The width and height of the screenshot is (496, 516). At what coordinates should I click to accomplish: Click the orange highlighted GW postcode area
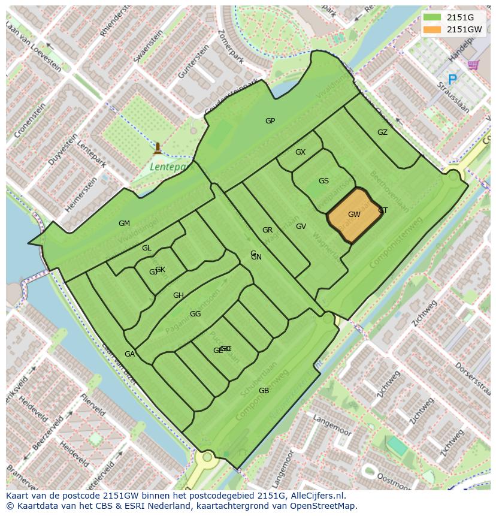(x=354, y=215)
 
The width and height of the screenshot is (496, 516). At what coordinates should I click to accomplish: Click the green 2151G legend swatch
(x=431, y=17)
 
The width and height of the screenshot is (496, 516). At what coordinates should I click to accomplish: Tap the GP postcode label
(x=270, y=121)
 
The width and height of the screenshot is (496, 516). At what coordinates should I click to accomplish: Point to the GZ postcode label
(x=382, y=132)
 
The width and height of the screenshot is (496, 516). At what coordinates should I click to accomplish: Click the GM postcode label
(x=124, y=224)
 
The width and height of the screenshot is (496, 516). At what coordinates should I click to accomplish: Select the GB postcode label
(x=264, y=391)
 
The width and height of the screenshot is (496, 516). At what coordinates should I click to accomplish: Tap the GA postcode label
(x=129, y=354)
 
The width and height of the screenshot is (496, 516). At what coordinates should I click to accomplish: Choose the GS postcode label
(x=323, y=181)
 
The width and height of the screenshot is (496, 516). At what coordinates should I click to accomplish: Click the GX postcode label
(x=300, y=152)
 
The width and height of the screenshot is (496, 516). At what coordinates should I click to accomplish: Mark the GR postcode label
(x=267, y=230)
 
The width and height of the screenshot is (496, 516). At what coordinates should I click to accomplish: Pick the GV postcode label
(x=301, y=227)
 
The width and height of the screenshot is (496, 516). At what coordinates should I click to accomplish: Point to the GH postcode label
(x=179, y=295)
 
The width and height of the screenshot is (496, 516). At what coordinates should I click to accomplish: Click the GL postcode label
(x=147, y=248)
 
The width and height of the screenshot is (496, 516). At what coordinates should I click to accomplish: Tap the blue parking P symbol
(x=452, y=79)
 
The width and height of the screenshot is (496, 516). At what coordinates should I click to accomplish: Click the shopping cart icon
(x=473, y=64)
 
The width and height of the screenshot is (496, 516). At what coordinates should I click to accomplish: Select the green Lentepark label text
(x=168, y=167)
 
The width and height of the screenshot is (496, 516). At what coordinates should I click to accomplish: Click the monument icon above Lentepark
(x=158, y=147)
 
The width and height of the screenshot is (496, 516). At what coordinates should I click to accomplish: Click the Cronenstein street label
(x=30, y=120)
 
